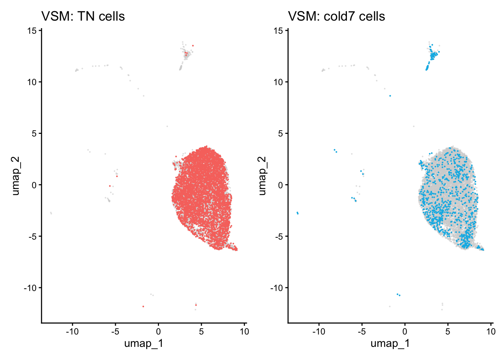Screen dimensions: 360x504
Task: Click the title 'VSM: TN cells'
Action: [83, 16]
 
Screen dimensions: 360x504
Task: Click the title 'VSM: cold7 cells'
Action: [336, 16]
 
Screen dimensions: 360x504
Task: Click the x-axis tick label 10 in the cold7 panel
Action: [490, 331]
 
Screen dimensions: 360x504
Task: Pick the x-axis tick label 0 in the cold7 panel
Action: [405, 331]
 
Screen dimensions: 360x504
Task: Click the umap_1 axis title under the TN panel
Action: [143, 343]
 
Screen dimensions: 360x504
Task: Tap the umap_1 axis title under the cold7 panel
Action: [390, 343]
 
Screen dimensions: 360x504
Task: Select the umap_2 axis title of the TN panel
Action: [15, 176]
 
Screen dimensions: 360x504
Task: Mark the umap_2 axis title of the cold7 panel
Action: [262, 176]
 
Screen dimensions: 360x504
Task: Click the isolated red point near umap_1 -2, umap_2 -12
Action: [143, 306]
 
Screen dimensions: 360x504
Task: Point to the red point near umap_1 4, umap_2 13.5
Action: [193, 46]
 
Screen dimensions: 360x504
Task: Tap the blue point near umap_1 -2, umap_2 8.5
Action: [390, 96]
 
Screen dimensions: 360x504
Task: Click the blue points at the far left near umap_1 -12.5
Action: [297, 213]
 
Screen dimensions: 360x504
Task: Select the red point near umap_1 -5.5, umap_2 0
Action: [110, 186]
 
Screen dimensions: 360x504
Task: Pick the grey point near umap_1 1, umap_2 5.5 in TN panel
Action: [167, 126]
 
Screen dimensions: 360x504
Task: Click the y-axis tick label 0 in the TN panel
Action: [34, 185]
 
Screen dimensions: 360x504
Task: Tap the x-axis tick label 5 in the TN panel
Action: [201, 331]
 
